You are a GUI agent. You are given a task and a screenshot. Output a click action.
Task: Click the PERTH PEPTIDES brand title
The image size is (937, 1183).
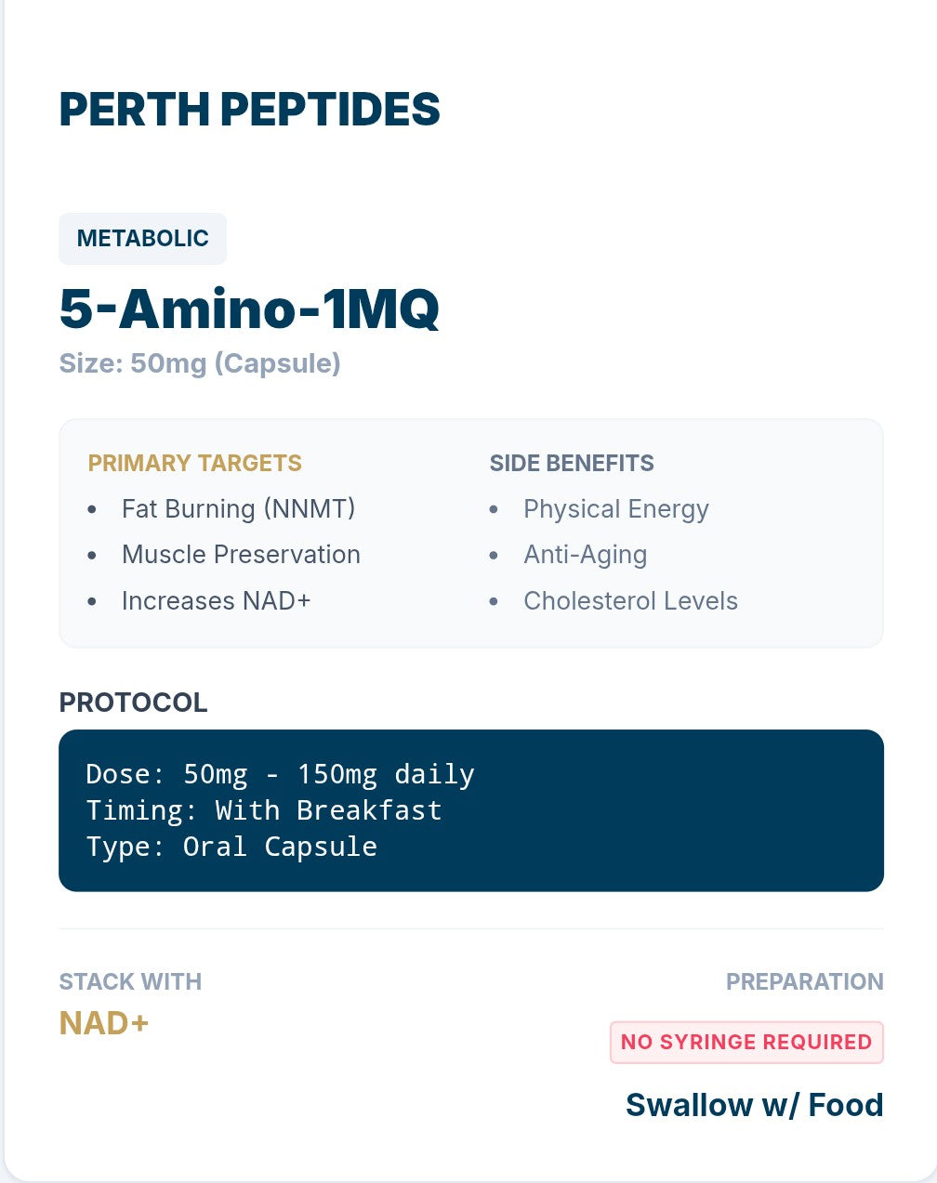[249, 110]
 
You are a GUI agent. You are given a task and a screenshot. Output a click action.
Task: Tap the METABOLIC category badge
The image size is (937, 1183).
[142, 239]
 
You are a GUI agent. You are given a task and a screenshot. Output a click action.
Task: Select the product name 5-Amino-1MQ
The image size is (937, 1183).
[249, 309]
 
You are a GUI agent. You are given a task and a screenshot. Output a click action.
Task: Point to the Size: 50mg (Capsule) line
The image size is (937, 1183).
[200, 363]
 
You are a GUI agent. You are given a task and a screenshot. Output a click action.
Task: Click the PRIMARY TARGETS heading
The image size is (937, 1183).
[194, 463]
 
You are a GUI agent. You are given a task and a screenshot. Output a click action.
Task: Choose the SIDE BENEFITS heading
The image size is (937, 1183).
[571, 463]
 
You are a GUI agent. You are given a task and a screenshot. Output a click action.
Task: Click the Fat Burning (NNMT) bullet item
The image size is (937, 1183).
[238, 509]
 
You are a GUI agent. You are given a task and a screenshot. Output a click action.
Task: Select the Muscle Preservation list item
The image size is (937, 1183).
[241, 555]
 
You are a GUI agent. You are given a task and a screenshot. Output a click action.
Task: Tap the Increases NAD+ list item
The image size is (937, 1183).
[216, 601]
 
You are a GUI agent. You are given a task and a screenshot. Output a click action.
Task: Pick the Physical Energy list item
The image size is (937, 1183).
[615, 509]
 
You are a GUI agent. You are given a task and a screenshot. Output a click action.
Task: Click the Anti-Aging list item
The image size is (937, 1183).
[585, 555]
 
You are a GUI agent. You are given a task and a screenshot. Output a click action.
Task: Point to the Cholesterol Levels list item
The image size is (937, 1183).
[630, 601]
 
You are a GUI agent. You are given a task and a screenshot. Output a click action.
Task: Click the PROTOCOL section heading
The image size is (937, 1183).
[133, 703]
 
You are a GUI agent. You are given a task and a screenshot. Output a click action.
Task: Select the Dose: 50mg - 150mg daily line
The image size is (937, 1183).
[280, 774]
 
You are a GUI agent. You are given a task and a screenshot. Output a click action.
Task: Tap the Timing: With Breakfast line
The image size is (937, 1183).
[263, 810]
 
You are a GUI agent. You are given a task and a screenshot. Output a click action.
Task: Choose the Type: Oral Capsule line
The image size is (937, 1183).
[231, 847]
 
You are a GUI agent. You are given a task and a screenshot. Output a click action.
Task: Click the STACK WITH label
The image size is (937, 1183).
[130, 981]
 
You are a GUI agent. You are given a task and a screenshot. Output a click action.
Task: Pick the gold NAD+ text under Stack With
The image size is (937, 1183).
[104, 1023]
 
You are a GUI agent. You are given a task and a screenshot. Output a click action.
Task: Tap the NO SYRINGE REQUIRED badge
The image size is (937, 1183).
[746, 1042]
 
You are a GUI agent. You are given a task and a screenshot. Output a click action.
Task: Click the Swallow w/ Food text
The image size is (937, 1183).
[754, 1105]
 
